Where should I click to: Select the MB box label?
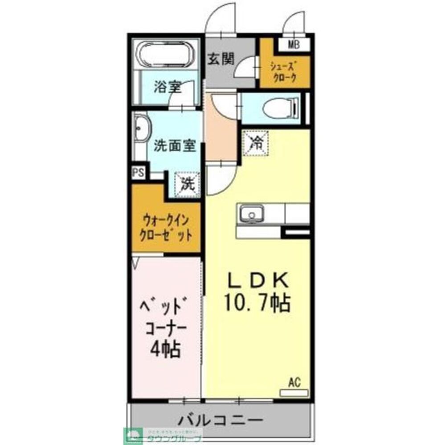(x=293, y=44)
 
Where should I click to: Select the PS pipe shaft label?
(x=138, y=173)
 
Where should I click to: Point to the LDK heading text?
(x=259, y=280)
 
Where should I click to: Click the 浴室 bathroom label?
(x=168, y=87)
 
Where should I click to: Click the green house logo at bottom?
(x=133, y=434)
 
